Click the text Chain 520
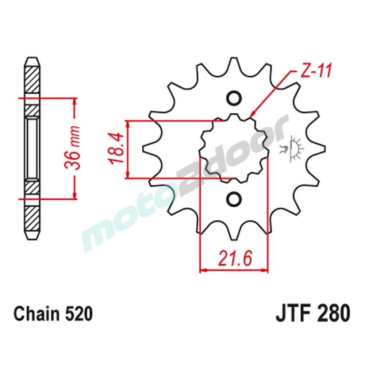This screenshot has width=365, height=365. point(53,314)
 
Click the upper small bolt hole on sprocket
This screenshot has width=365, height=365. point(234,98)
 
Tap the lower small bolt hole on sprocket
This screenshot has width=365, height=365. point(234,199)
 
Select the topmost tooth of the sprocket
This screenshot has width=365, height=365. point(234,64)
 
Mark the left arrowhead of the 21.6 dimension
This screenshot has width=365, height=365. point(202,271)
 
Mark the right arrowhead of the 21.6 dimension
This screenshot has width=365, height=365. point(265,271)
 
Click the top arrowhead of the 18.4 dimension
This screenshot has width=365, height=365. point(127,123)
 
